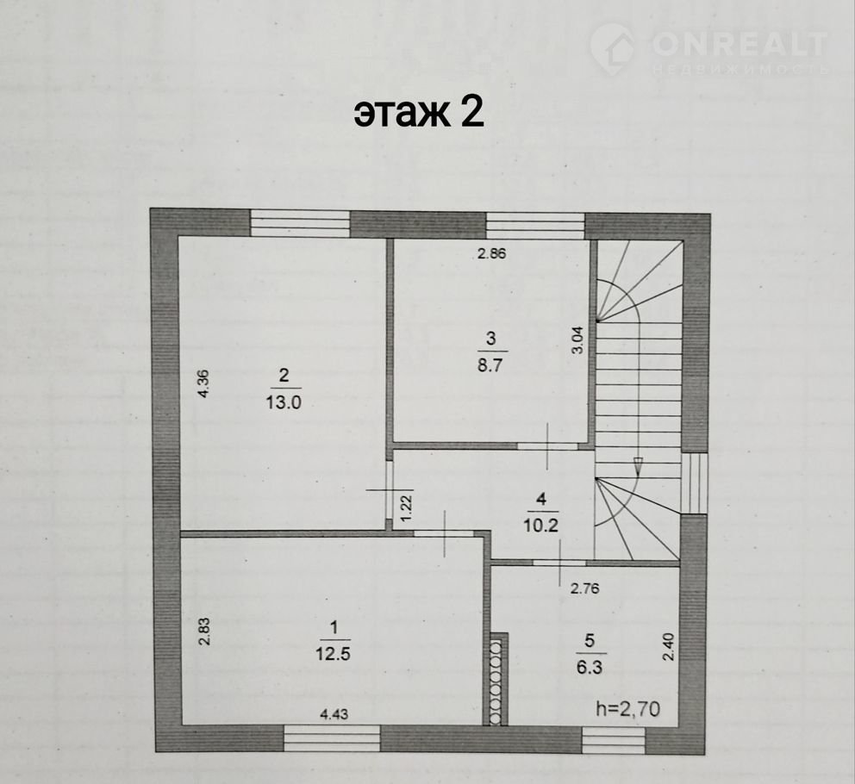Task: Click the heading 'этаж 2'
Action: coord(419,113)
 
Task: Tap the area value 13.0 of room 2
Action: coord(284,402)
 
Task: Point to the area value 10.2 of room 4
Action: coord(541,525)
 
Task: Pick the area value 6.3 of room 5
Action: coord(590,667)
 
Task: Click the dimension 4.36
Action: coord(203,384)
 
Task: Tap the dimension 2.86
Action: coord(492,253)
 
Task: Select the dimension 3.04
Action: coord(577,340)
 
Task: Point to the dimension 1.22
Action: coord(407,507)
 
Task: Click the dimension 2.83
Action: coord(204,632)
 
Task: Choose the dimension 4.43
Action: coord(334,714)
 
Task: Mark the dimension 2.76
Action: coord(584,588)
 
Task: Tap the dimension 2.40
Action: coord(669,647)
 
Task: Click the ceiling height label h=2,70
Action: coord(628,709)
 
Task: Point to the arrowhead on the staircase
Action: coord(638,467)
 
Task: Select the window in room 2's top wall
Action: coord(300,223)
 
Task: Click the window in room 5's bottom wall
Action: coord(614,740)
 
